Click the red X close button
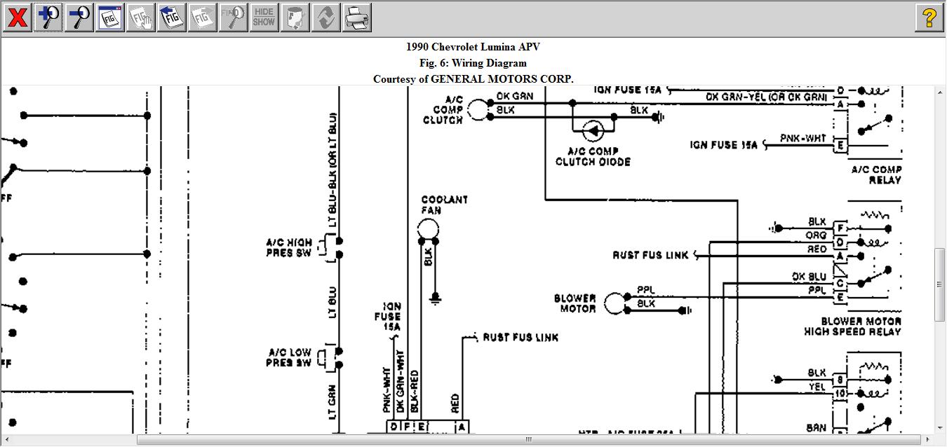click(17, 18)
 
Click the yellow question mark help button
click(929, 18)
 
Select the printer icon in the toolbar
click(356, 18)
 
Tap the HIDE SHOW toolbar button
click(264, 18)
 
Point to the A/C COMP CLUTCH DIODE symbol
click(593, 130)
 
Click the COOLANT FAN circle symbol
click(428, 228)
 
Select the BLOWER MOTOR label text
click(575, 303)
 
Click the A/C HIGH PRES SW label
click(289, 247)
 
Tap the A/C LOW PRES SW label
click(290, 357)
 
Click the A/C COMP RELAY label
click(876, 174)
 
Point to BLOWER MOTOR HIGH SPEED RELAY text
click(852, 326)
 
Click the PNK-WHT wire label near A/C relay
click(803, 139)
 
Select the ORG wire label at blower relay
click(816, 235)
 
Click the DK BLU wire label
click(809, 277)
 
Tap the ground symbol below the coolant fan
click(435, 299)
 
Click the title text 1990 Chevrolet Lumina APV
click(473, 47)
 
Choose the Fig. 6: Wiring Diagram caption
click(473, 63)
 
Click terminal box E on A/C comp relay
click(840, 146)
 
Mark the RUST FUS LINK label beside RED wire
click(520, 338)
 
